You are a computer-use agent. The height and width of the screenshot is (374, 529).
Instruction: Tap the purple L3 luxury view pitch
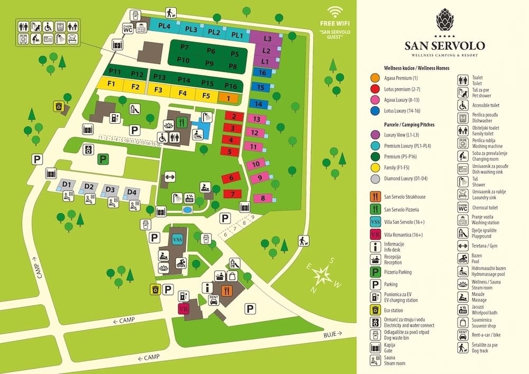coord(267,39)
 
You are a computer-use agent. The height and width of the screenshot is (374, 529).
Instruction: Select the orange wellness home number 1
coord(228,98)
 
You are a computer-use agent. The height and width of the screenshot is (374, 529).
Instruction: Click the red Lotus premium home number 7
coord(232,194)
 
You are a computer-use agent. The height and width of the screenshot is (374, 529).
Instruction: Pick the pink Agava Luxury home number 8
coord(263,198)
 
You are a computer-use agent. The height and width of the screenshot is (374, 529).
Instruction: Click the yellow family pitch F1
coord(111,85)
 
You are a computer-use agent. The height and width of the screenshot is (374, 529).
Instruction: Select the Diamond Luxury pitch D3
coord(110,189)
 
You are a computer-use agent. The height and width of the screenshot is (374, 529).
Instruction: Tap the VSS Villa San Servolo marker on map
coord(178,239)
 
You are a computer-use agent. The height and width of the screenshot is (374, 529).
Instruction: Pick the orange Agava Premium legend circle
coord(375,78)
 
